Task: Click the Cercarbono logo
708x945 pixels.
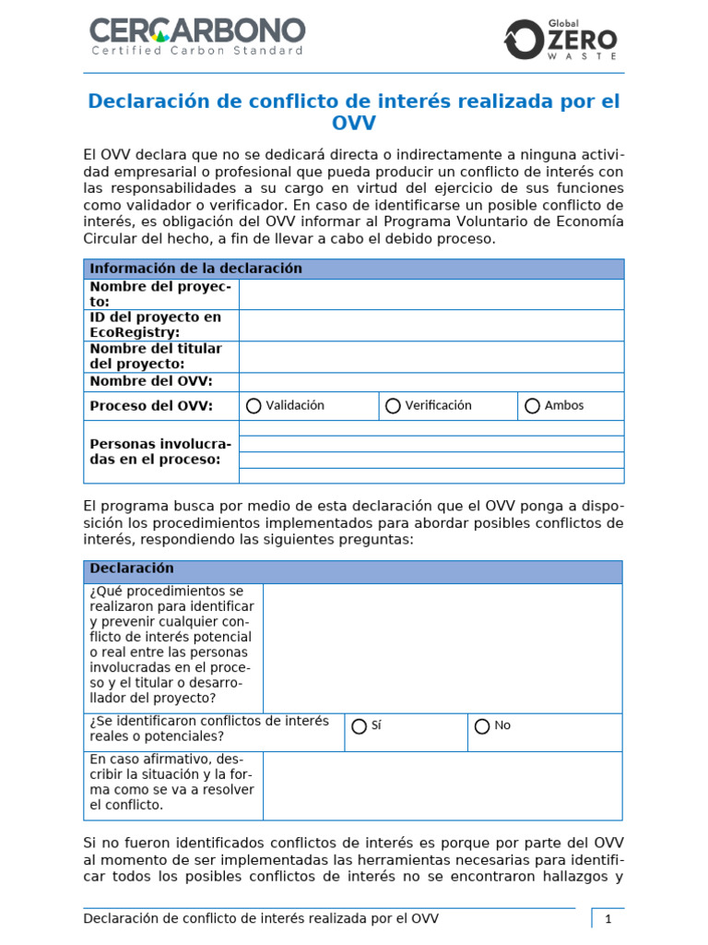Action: click(x=196, y=36)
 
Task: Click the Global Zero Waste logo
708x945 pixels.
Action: click(x=560, y=39)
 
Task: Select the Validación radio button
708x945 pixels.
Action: click(x=254, y=406)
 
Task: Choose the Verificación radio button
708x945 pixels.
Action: click(x=393, y=406)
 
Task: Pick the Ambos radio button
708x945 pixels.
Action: click(x=532, y=406)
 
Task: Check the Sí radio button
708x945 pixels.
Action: click(x=359, y=726)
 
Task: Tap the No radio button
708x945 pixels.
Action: click(x=482, y=726)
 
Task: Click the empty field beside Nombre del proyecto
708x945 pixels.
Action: click(x=431, y=294)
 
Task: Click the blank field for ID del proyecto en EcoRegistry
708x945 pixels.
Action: click(x=431, y=325)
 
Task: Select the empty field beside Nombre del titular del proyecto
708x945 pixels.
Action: click(x=431, y=356)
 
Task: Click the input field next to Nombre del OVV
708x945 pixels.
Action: click(x=431, y=382)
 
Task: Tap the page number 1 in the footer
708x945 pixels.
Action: click(x=608, y=919)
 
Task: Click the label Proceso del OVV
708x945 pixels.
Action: click(x=151, y=406)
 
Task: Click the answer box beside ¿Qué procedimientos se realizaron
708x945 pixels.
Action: click(x=442, y=648)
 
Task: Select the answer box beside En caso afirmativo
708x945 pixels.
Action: click(x=442, y=785)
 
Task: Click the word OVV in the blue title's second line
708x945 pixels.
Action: click(x=353, y=124)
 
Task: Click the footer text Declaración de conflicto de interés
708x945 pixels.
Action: click(x=261, y=918)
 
